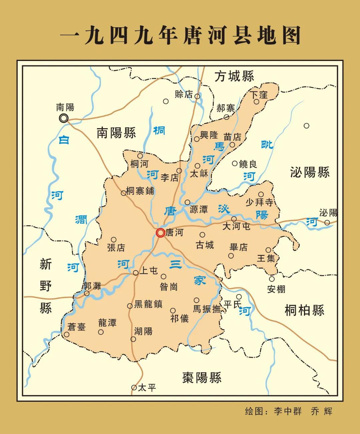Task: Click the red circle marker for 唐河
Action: pos(160,233)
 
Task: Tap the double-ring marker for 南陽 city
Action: pos(63,118)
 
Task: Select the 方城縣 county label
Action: pos(234,76)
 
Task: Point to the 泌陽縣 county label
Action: pos(310,172)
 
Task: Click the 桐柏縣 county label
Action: pos(304,310)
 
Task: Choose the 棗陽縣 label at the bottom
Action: pos(202,378)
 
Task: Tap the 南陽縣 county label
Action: pos(116,133)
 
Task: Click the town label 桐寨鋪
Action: pos(140,191)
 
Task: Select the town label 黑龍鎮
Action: pos(148,304)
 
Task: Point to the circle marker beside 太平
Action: pos(134,387)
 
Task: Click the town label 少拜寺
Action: pos(259,202)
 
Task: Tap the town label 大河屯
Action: pos(236,226)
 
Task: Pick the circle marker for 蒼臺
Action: pos(67,334)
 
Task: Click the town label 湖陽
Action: pos(143,331)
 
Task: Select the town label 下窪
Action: pos(259,95)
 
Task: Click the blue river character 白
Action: pos(64,140)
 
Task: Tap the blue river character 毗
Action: pos(267,145)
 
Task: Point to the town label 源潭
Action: pos(199,210)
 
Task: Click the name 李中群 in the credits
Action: pos(288,411)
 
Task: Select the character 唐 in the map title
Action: pos(193,36)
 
